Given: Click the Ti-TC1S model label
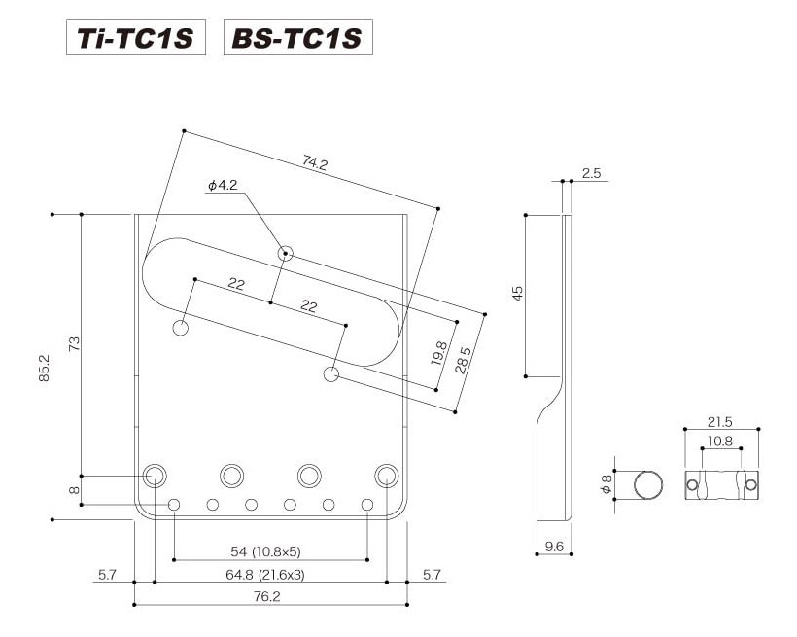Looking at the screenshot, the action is point(136,38).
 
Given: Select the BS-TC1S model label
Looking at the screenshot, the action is point(297,38).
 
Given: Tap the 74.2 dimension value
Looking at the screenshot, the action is point(315,162).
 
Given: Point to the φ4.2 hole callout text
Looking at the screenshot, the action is point(223,185).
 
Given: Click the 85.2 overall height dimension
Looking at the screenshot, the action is point(44,368).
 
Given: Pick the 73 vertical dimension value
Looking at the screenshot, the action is point(74,344).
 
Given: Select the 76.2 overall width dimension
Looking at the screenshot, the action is point(267,596).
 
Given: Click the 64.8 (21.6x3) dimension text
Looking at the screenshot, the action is point(264,575).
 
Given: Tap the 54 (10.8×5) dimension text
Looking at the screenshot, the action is point(266,551).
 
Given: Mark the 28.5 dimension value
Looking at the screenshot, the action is point(463,360).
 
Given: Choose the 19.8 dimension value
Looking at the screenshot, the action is point(438,353).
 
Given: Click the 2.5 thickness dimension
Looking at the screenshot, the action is point(591,173).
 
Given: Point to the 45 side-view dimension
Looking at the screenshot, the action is point(517,294).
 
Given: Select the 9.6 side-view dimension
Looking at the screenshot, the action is point(554,546).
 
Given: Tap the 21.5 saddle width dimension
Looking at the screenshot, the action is point(720,422).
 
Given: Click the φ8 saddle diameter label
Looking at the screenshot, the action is point(606,484).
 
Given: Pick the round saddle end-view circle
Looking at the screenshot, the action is point(648,485).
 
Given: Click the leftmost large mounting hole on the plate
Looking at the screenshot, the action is point(155,476).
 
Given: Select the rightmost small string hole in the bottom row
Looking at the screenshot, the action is point(367,505).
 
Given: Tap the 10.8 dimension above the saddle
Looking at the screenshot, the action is point(720,441).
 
